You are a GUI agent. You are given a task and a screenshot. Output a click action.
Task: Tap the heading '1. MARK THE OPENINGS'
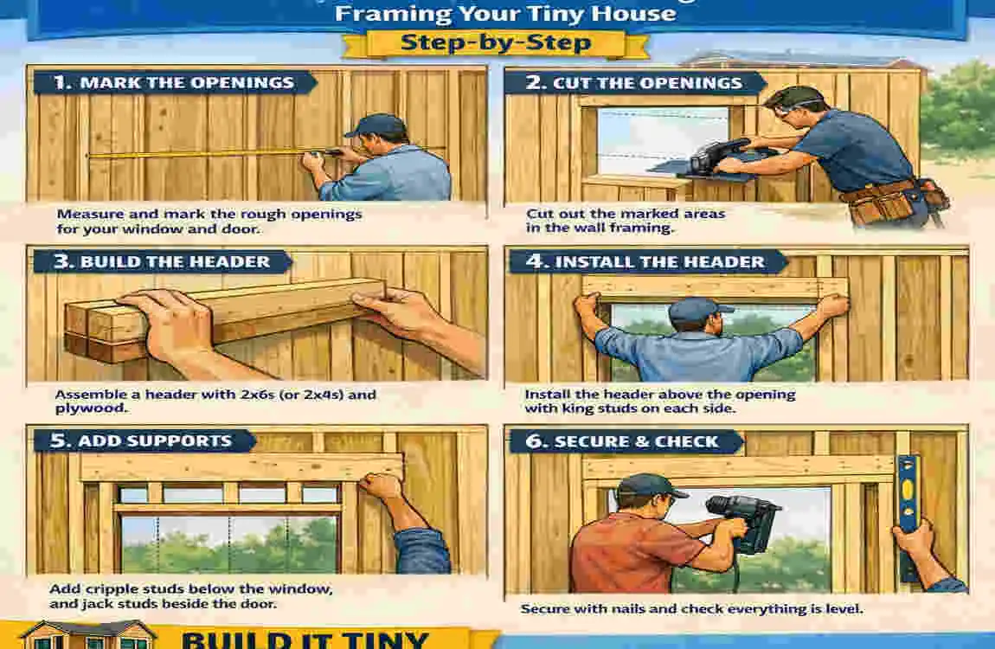click(173, 84)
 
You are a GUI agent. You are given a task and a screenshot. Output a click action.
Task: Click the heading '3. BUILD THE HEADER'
click(162, 261)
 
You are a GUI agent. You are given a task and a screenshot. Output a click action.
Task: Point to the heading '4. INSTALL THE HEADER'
click(646, 261)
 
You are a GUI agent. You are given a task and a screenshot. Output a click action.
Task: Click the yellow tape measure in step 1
click(199, 155)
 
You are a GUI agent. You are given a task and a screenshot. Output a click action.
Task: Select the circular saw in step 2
click(718, 156)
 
